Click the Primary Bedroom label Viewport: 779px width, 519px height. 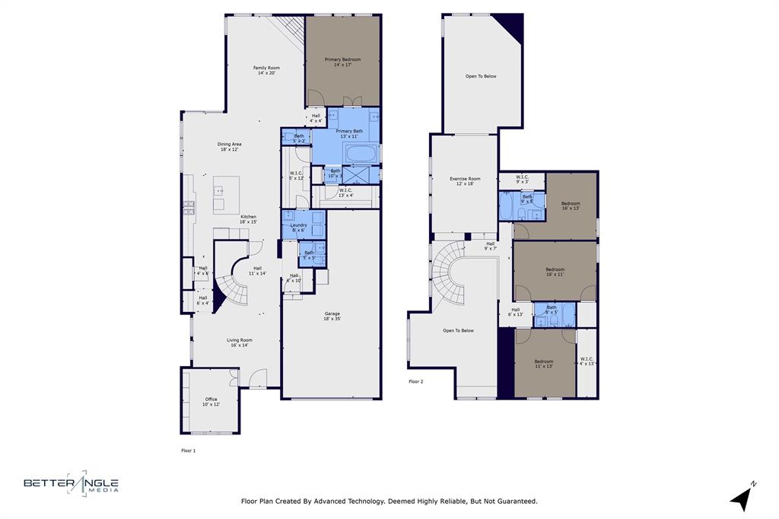pos(342,62)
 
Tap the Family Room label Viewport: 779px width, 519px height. pos(266,71)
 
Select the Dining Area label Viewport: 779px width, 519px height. pos(229,147)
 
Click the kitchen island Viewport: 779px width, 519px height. pos(226,195)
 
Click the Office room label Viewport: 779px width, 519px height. pos(211,402)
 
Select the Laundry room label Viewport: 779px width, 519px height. pos(298,228)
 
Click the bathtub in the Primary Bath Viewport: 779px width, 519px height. pos(357,154)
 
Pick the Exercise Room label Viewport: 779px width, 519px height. pos(465,181)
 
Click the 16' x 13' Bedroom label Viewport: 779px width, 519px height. pos(571,205)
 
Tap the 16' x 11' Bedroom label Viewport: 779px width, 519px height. pos(555,272)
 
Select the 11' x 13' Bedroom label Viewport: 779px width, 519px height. pos(543,364)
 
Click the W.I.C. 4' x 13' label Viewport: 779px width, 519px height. pos(587,361)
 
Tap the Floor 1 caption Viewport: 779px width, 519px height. pos(188,451)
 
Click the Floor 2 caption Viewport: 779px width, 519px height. pos(415,381)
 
